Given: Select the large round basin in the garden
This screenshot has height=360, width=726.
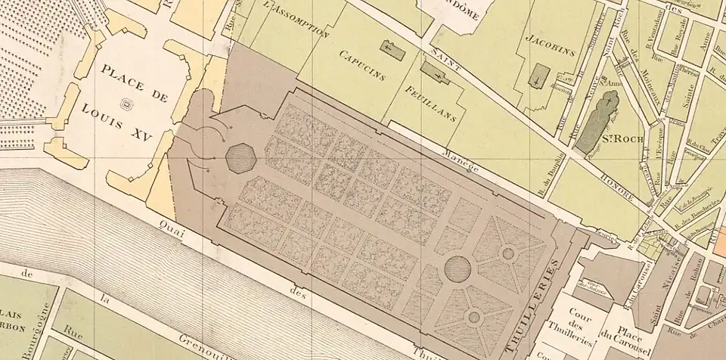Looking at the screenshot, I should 457,267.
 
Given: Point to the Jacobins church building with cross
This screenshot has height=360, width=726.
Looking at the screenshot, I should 538,76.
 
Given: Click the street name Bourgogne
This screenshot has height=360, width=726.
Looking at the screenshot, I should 29,339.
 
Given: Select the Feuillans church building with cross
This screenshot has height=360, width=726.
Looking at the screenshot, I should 435,73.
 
